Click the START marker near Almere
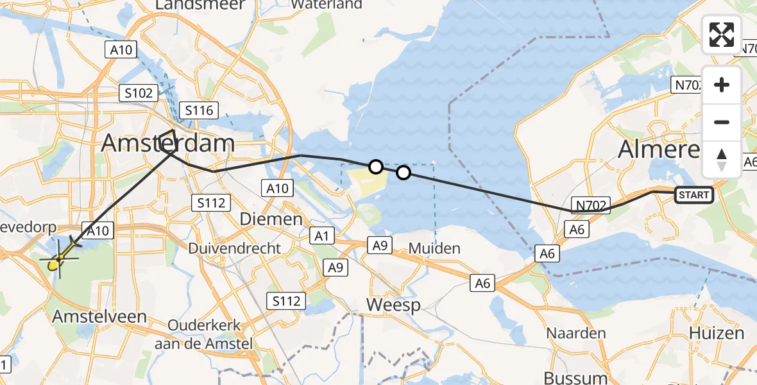click(693, 194)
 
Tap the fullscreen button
click(722, 35)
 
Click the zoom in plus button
click(722, 85)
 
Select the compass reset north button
click(722, 160)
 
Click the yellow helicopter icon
click(58, 261)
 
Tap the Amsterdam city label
click(167, 143)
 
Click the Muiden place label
click(434, 248)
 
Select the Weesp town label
click(393, 304)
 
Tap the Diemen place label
click(270, 219)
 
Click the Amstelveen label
click(99, 316)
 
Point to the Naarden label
click(576, 333)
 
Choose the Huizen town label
click(716, 333)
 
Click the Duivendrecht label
click(234, 248)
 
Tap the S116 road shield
click(199, 110)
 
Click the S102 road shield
click(139, 93)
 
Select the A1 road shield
click(321, 235)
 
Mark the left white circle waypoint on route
click(376, 167)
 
